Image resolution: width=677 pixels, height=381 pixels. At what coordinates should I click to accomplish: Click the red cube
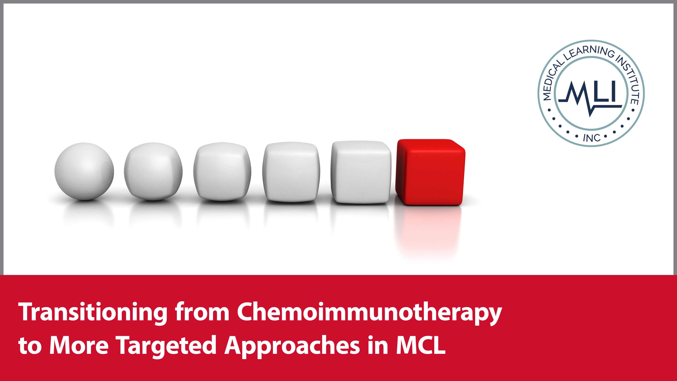point(431,172)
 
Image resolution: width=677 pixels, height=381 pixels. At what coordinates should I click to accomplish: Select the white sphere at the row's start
point(84,171)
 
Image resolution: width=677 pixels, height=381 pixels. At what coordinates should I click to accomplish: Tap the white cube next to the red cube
point(361,172)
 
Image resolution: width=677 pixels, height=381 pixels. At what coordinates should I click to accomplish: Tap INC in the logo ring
point(592,138)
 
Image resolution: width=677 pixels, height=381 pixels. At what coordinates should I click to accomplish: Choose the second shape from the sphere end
point(153,171)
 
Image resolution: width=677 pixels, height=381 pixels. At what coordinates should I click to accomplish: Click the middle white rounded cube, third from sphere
point(222,171)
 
